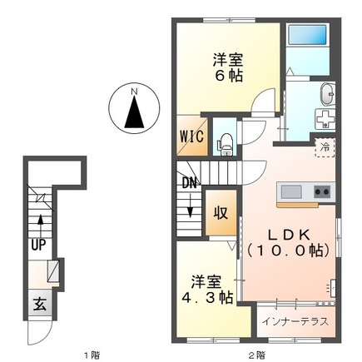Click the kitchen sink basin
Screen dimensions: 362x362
click(290, 193)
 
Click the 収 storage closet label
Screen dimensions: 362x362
click(222, 212)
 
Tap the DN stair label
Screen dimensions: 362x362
click(189, 182)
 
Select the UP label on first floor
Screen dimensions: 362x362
click(38, 246)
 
